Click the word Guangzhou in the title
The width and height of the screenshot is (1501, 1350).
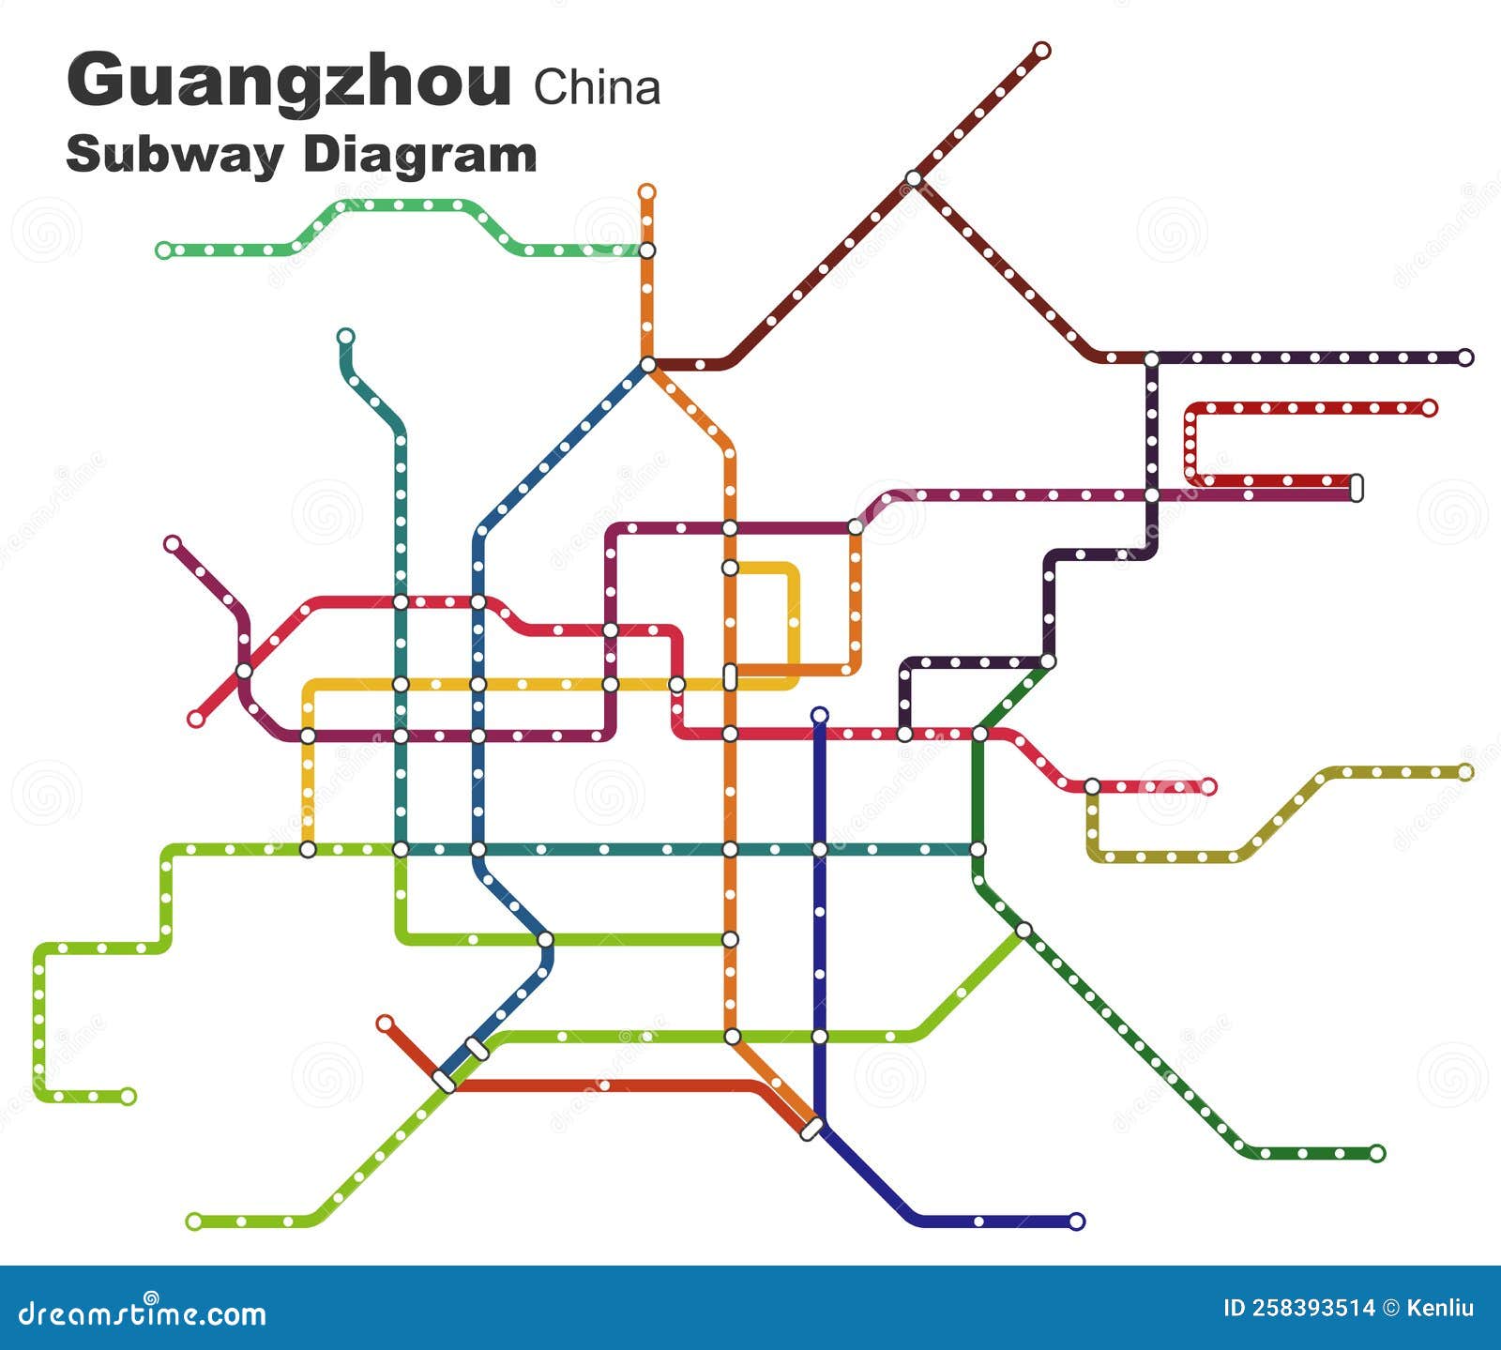289,83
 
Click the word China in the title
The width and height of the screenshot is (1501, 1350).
597,88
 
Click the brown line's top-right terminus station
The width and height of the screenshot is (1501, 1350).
1041,51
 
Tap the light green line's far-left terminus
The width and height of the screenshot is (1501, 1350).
164,250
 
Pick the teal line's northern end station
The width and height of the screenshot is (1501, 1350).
345,337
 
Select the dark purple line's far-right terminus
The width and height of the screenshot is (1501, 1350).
1465,357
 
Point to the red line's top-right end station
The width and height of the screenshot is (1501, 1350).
1429,408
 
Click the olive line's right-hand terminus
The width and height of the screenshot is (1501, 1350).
1465,772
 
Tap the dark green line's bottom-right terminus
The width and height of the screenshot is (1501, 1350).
1376,1153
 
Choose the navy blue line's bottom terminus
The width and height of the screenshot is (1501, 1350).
1077,1221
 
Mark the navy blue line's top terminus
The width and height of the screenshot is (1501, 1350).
819,716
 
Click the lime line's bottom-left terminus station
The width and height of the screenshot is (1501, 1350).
194,1221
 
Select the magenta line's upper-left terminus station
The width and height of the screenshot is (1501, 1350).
172,544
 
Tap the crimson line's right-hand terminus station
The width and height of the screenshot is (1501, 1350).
1208,786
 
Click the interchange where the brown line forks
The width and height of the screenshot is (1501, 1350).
914,178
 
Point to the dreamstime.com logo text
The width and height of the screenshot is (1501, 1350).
143,1313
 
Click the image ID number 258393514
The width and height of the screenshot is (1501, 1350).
1299,1308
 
